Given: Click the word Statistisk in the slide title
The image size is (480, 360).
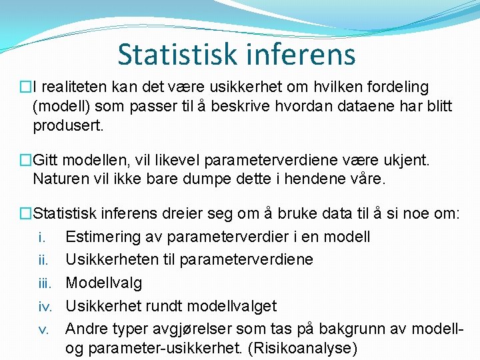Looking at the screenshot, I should click(177, 54).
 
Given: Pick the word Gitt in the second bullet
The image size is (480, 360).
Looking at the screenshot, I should click(47, 160).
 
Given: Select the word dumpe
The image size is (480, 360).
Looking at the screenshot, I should click(217, 179).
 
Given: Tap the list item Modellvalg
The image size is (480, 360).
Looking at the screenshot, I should click(104, 283).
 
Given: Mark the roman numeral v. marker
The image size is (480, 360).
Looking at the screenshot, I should click(43, 329).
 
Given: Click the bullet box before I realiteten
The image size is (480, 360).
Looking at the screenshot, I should click(26, 87).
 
